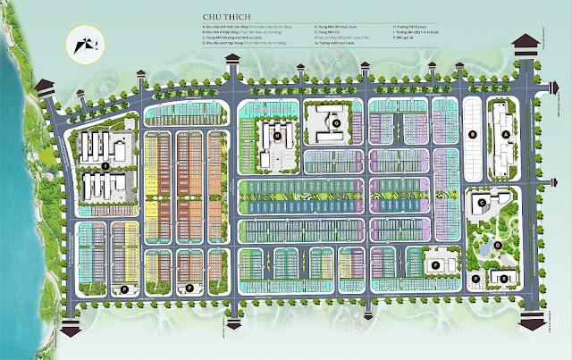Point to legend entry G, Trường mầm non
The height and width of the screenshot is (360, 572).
coord(345,40)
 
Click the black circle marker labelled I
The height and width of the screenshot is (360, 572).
coord(105,166)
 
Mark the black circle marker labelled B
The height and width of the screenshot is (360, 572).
coord(471,134)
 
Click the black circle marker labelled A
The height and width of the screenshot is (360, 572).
coord(506,134)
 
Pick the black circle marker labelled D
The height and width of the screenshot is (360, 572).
coord(498,243)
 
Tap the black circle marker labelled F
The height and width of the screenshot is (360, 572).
coord(435,264)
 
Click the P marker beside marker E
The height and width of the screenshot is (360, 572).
coord(476,280)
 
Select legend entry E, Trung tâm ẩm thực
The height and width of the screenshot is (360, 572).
coord(343,28)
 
